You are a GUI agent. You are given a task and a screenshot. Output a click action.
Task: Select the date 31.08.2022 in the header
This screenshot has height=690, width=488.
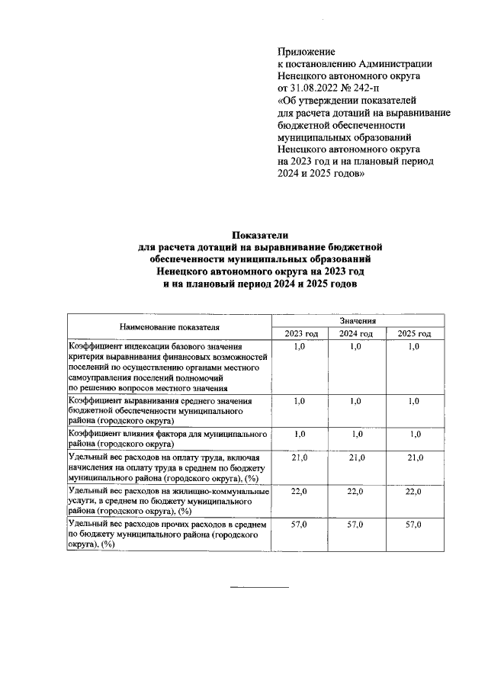[315, 88]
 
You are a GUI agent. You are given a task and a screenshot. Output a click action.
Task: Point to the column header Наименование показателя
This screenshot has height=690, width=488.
[169, 327]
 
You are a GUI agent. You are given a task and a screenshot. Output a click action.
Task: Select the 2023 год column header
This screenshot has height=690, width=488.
[300, 334]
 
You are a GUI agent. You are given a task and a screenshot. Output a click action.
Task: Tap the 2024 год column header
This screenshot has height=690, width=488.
[356, 334]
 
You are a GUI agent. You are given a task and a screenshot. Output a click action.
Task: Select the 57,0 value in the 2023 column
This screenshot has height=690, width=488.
[300, 526]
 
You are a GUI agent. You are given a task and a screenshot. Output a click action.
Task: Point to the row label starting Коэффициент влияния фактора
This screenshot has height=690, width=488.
[168, 438]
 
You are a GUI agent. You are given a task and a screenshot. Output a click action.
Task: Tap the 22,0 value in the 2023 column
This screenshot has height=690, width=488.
[300, 492]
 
